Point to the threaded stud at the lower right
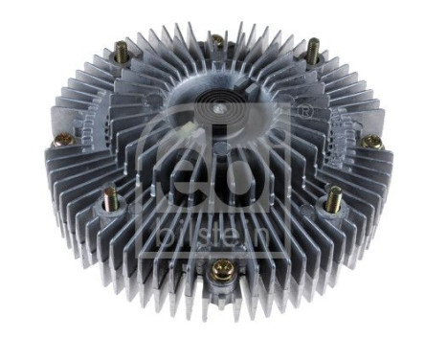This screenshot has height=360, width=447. [x=333, y=200]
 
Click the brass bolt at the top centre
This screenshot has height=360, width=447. [x=217, y=41]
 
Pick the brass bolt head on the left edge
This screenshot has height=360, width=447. [x=64, y=140]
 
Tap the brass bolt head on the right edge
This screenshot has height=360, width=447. [x=373, y=142]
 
